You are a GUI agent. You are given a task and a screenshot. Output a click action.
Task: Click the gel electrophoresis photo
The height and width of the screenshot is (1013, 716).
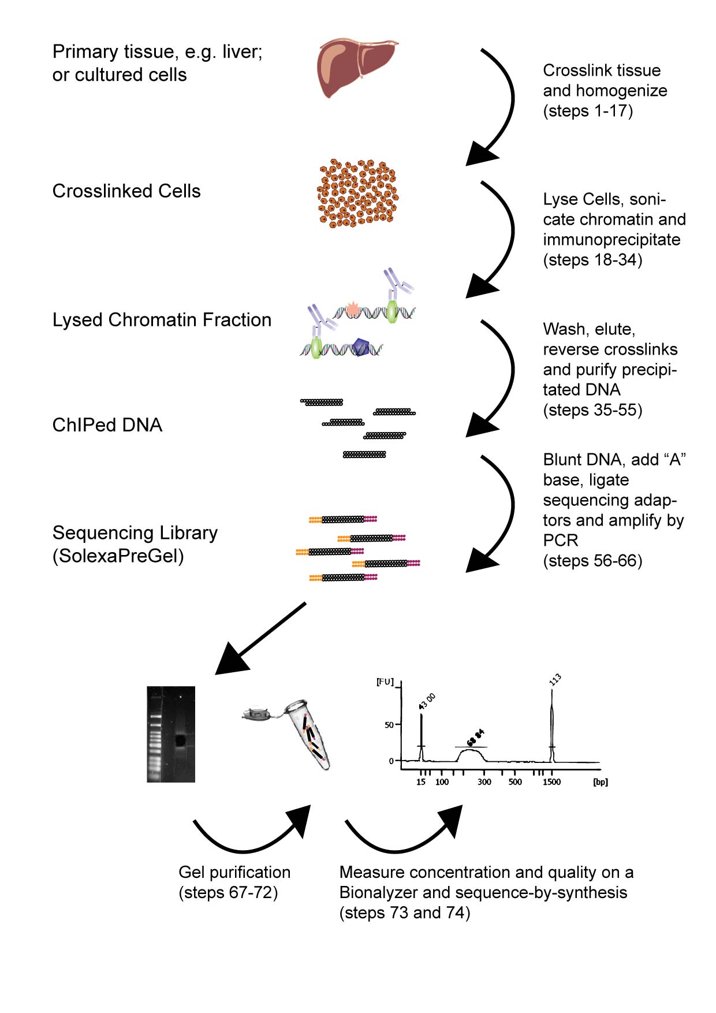click(x=171, y=734)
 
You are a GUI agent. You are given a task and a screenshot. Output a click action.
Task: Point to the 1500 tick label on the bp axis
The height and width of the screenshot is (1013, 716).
click(x=551, y=782)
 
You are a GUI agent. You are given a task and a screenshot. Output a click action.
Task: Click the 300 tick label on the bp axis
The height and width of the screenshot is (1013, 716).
click(x=484, y=782)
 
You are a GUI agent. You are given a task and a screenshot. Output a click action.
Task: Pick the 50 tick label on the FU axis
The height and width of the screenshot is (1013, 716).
click(x=389, y=725)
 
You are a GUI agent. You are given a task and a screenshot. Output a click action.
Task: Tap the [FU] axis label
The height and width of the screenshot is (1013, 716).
click(x=385, y=682)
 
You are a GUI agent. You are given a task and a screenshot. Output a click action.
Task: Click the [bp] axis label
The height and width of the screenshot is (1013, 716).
click(x=601, y=782)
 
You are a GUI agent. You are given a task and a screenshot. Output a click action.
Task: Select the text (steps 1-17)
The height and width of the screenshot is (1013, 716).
click(x=588, y=111)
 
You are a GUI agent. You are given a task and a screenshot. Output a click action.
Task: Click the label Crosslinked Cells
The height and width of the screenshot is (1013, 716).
click(x=126, y=191)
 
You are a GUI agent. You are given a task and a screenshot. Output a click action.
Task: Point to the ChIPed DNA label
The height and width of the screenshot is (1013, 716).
click(x=107, y=425)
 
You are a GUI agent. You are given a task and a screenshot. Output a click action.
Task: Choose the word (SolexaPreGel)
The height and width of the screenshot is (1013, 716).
click(x=118, y=556)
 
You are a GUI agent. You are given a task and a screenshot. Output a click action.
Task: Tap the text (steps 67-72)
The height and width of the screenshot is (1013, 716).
click(x=228, y=892)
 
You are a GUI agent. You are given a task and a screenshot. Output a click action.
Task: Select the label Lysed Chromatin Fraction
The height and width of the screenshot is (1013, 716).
click(x=162, y=320)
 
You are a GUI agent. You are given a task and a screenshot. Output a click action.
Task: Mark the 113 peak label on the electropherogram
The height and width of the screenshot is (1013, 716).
click(x=555, y=680)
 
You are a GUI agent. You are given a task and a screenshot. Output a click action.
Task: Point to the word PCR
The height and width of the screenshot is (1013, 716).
click(x=561, y=541)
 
